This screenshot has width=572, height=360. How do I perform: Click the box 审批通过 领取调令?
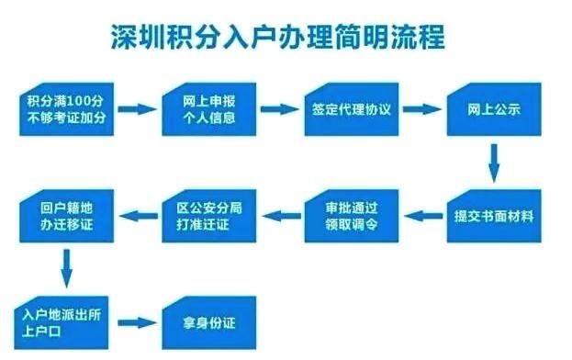[350, 215]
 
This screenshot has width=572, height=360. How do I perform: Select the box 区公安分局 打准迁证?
[207, 215]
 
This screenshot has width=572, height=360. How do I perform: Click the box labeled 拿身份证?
[207, 322]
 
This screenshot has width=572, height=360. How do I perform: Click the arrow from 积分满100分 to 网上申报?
[137, 109]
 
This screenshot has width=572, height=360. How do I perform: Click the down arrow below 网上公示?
[493, 163]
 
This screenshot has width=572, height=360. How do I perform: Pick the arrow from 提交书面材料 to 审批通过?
[421, 216]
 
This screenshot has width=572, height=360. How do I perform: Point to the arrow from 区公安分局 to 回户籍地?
[137, 216]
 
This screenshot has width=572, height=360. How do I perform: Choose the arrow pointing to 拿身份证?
[137, 322]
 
